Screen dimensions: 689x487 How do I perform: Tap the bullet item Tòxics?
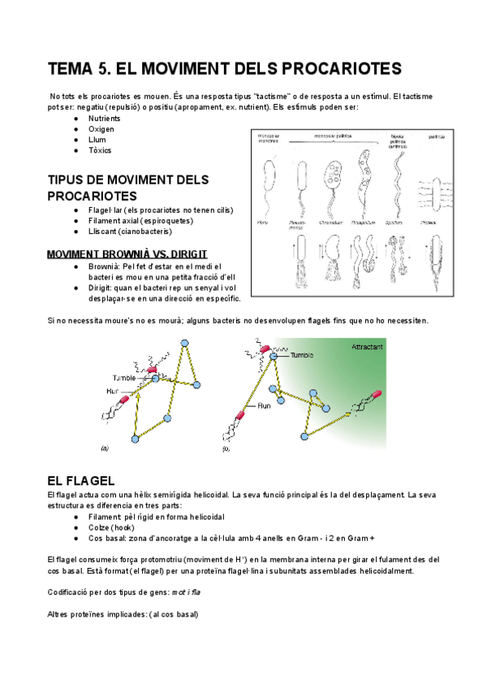pos(100,150)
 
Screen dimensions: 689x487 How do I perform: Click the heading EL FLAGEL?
pos(81,481)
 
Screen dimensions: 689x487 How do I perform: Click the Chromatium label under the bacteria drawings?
pos(330,221)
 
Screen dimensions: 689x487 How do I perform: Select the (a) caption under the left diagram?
pos(104,447)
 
